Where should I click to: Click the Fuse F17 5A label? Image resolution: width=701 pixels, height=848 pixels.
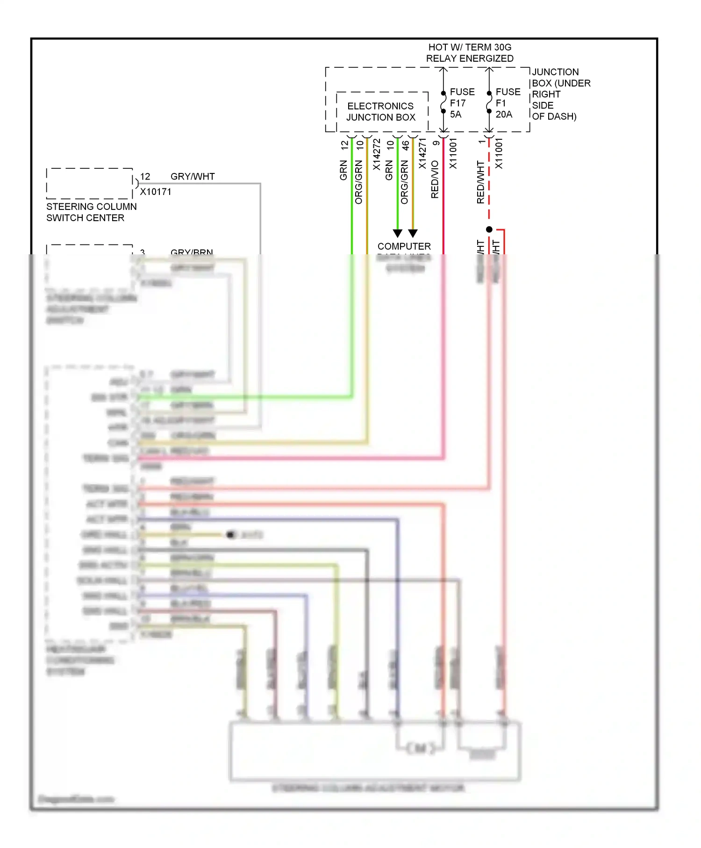click(461, 103)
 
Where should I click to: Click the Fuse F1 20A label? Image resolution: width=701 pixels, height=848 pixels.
click(507, 103)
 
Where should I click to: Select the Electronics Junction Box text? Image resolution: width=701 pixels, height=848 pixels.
click(380, 112)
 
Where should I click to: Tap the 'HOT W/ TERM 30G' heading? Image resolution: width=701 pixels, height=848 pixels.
click(470, 47)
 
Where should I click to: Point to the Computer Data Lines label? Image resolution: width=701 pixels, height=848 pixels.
click(404, 246)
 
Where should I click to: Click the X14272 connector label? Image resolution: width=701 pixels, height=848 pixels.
click(377, 154)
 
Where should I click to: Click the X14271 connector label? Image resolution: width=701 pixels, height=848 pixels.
click(422, 154)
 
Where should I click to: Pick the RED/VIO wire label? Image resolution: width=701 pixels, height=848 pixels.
click(435, 180)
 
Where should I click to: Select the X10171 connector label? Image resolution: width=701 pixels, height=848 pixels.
click(156, 192)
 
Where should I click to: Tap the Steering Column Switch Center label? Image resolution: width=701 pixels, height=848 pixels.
click(91, 212)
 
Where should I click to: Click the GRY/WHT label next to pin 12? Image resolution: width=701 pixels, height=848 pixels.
click(193, 177)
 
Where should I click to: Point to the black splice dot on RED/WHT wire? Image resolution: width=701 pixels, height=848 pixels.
click(489, 230)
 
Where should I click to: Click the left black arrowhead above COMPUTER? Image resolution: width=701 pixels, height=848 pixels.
click(397, 233)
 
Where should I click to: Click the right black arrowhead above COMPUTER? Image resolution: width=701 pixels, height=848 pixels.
click(413, 233)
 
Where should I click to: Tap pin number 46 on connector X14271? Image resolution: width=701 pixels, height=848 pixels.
click(406, 145)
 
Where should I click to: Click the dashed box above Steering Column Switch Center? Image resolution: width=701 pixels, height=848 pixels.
click(89, 183)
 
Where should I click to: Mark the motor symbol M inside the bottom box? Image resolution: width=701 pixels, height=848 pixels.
click(420, 748)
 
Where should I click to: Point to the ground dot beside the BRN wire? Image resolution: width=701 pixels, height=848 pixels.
click(230, 534)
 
